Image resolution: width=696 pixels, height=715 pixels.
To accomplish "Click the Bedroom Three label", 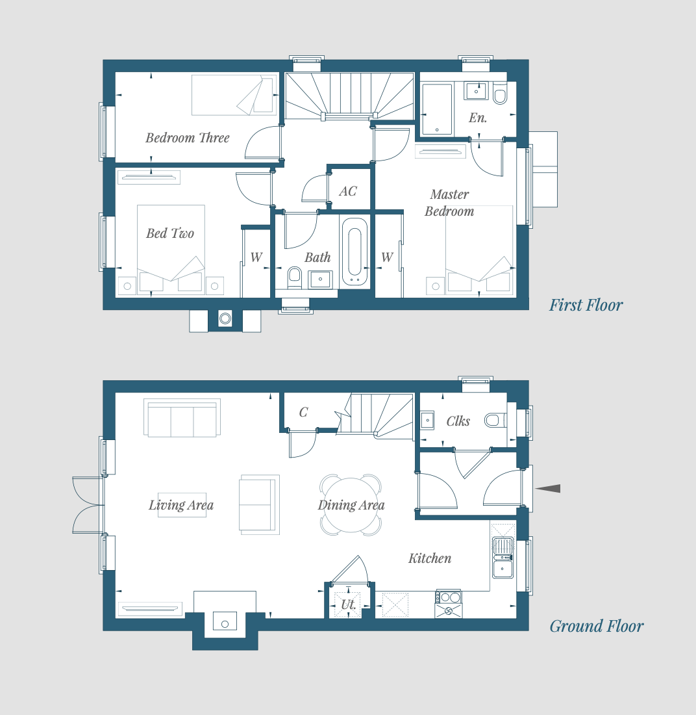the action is [x=187, y=138].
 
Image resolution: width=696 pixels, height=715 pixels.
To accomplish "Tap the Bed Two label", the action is [x=170, y=233].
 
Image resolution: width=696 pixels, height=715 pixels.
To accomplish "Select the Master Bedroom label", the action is [x=449, y=202].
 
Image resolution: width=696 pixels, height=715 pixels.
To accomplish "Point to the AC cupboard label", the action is [x=348, y=191].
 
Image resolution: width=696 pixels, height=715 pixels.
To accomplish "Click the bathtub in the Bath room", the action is [x=355, y=252].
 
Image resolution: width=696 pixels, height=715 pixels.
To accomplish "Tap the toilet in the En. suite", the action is [x=500, y=94].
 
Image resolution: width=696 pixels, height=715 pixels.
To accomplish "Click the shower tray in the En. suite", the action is [x=437, y=109].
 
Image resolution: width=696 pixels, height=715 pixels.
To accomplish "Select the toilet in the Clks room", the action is [x=495, y=420].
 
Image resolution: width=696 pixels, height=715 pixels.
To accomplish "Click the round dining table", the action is [x=351, y=505].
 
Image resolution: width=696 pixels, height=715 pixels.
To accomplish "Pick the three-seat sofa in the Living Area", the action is [x=182, y=418].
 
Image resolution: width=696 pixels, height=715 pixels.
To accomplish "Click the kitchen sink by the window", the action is [x=503, y=558].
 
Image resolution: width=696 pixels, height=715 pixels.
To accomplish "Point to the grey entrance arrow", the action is [x=547, y=488].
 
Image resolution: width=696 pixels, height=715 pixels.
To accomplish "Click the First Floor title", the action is [x=586, y=305].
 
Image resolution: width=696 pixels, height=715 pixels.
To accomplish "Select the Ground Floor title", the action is [x=596, y=626].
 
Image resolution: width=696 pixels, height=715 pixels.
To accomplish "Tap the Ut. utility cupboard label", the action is [x=349, y=604].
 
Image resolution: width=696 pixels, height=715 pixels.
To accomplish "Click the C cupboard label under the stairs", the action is [x=303, y=412].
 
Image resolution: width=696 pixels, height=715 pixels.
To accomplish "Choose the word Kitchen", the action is [x=430, y=558].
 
